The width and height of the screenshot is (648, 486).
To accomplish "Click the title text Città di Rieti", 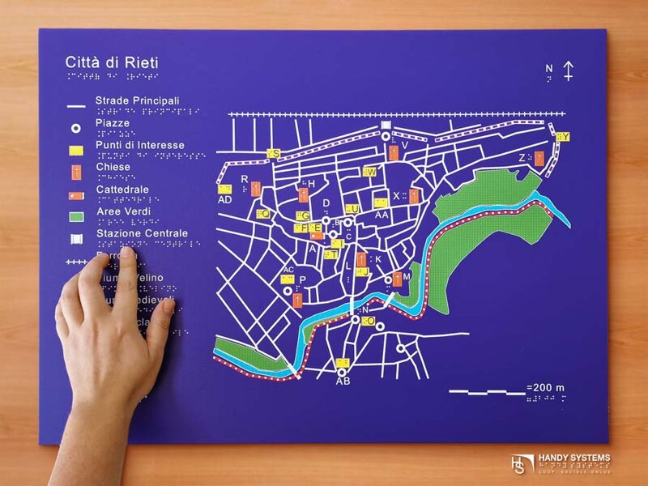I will pos(113,62).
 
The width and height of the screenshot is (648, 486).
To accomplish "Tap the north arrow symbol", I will pos(569,70).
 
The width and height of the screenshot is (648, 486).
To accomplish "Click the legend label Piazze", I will pos(113,123).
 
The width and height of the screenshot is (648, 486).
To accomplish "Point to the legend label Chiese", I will pos(113,168).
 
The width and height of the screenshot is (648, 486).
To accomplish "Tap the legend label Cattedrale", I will pos(122,190).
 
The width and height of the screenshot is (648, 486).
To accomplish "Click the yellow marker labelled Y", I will pos(563,137).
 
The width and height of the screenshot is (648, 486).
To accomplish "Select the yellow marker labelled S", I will pos(275,153).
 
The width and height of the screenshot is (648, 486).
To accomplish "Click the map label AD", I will pos(225,199).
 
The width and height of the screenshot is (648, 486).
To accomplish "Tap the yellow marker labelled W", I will pos(370,172).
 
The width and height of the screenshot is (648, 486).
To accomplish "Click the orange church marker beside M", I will pos(398,279).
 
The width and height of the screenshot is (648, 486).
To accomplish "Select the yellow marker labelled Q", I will pos(262,214).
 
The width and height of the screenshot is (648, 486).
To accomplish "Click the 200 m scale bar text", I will pos(545,388).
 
